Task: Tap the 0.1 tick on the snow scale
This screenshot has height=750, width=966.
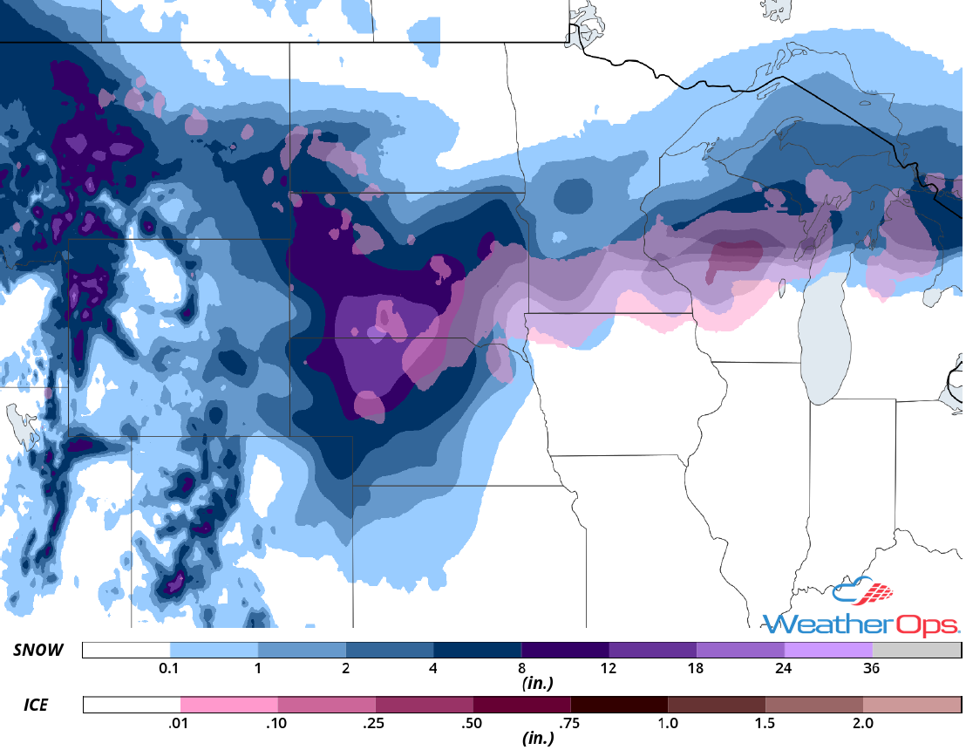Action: (170, 669)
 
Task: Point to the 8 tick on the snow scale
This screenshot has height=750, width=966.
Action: (521, 669)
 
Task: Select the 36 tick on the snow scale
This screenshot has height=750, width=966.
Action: (872, 669)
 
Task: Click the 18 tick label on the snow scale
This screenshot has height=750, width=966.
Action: (696, 669)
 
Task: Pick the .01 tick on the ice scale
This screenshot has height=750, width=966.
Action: (180, 724)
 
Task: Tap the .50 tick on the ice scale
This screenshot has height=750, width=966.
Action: (473, 724)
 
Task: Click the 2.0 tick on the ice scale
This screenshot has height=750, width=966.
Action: (862, 724)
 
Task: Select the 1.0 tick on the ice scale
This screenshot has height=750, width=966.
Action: (668, 724)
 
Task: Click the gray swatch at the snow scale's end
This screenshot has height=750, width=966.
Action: (916, 651)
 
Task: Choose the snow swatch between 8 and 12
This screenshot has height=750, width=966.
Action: (565, 651)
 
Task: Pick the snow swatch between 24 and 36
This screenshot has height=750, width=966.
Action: (828, 651)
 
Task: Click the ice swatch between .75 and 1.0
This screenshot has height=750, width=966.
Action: (619, 705)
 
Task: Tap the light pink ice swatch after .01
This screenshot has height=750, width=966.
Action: (229, 705)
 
